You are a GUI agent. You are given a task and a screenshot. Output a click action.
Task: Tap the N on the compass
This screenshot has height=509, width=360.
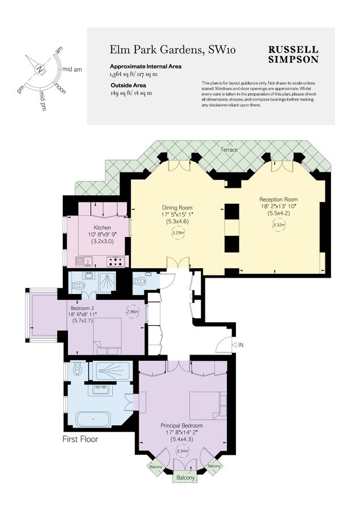point(40,69)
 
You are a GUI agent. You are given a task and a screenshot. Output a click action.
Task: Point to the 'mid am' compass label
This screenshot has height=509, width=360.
point(72,69)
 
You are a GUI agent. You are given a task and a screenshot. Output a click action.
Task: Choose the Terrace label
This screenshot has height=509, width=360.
point(229,150)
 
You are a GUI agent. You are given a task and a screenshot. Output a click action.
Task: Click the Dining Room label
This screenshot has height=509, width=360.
point(177,208)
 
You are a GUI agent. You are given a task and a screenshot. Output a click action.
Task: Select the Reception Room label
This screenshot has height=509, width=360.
point(278,200)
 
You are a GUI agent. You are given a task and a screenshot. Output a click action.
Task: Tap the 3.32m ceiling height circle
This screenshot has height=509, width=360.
point(278,225)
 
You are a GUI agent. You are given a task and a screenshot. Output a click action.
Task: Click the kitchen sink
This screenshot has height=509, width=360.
point(85,261)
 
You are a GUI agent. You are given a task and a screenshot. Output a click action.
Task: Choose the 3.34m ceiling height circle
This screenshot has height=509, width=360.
point(182,451)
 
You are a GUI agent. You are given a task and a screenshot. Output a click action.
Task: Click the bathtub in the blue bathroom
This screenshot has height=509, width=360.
point(94,420)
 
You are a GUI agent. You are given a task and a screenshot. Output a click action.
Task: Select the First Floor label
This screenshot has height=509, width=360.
point(80,439)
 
